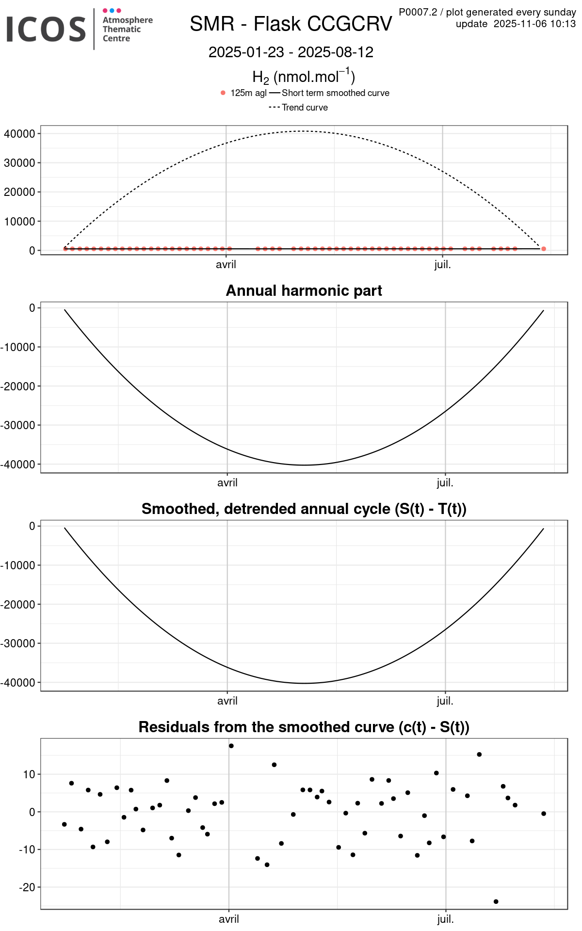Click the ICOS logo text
[x=46, y=29]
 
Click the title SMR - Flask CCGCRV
[x=291, y=24]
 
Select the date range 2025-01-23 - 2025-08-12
[x=291, y=52]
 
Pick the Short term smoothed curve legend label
[x=335, y=93]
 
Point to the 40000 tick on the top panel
[x=19, y=134]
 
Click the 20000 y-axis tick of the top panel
[x=19, y=192]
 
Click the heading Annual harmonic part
[x=304, y=290]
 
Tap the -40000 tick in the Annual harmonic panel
[x=18, y=465]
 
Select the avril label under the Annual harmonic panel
[x=227, y=483]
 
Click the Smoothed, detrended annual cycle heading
[x=304, y=509]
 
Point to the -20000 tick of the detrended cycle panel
[x=18, y=605]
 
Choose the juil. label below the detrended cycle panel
[x=445, y=701]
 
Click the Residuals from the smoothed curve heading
[x=304, y=727]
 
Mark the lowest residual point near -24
[x=496, y=901]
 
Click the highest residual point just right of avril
[x=231, y=746]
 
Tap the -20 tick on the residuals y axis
[x=27, y=887]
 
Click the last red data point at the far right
[x=543, y=249]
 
